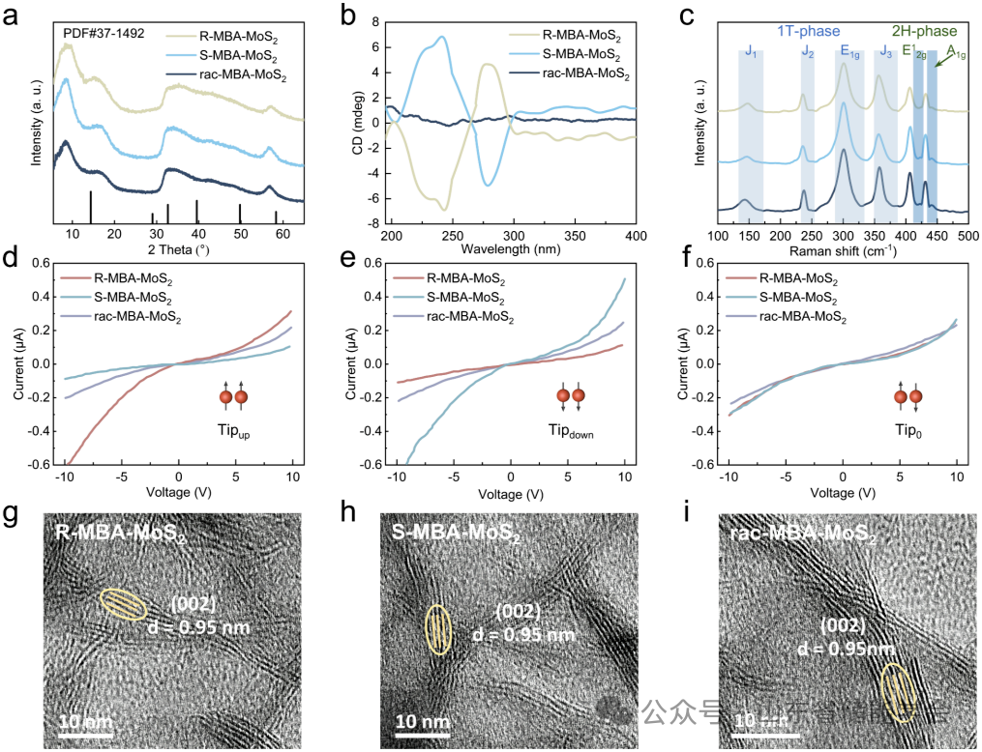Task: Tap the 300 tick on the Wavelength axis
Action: [514, 236]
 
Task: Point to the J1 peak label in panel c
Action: [751, 52]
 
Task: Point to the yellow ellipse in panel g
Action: [123, 604]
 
